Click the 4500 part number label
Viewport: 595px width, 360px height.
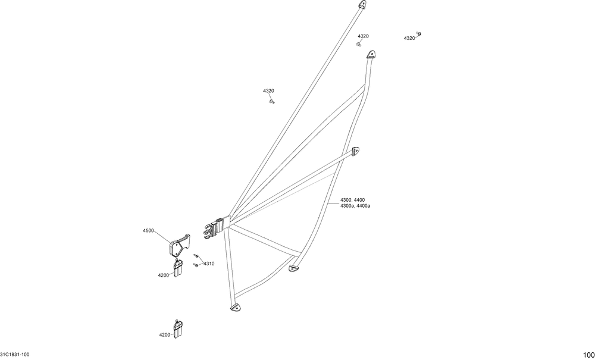[x=148, y=230]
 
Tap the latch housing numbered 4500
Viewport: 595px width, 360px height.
[x=178, y=245]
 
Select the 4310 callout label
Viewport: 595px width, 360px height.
[x=209, y=263]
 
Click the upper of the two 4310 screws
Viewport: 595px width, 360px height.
[x=195, y=256]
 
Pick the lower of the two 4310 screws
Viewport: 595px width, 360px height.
[x=195, y=265]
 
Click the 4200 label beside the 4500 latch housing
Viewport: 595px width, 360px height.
[x=164, y=276]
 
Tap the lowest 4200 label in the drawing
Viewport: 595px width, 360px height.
[x=165, y=335]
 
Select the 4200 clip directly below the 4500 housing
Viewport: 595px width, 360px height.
[x=178, y=268]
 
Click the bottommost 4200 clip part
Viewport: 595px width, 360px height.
[x=178, y=330]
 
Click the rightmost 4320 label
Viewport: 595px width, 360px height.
[x=409, y=38]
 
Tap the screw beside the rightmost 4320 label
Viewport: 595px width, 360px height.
[x=419, y=35]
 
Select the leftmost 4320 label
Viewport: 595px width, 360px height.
[x=268, y=91]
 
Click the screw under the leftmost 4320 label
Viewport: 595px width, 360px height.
[x=272, y=102]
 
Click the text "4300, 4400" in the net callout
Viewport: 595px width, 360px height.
[x=352, y=200]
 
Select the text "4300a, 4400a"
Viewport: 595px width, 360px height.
[x=355, y=206]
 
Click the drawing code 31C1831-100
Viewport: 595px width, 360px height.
[x=15, y=355]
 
